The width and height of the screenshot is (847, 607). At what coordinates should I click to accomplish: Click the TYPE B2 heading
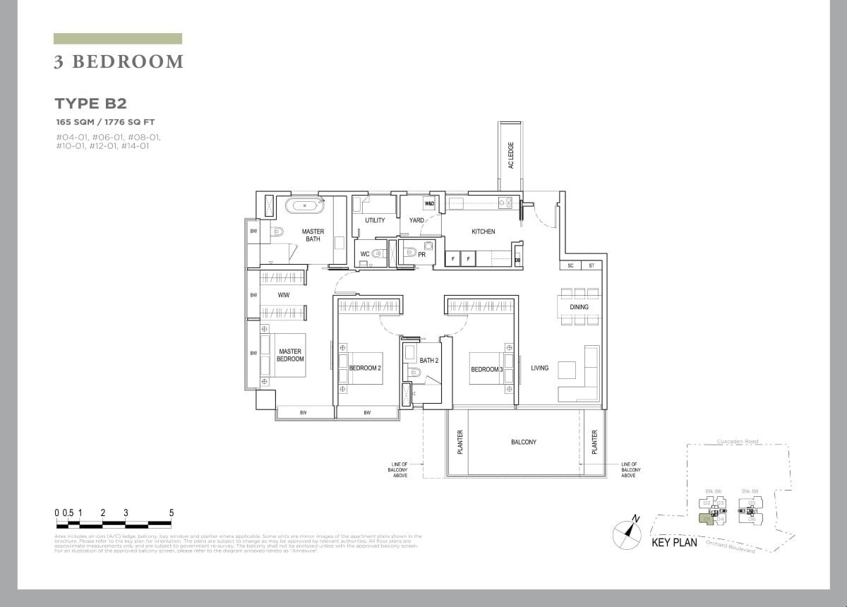[90, 103]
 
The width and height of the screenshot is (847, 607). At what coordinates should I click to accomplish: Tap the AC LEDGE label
[510, 155]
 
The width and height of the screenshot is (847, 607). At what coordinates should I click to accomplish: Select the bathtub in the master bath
[305, 207]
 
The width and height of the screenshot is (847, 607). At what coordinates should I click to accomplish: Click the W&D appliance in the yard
[429, 204]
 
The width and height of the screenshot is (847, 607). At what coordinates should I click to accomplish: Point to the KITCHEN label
[483, 232]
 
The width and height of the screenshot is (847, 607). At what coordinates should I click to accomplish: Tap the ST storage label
[591, 265]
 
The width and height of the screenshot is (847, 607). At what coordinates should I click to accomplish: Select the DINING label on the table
[579, 307]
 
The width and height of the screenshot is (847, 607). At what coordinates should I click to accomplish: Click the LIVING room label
[540, 368]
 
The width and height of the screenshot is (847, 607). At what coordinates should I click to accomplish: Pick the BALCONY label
[524, 442]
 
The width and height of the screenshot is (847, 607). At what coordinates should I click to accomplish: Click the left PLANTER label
[459, 442]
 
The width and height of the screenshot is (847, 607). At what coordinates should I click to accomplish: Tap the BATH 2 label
[429, 361]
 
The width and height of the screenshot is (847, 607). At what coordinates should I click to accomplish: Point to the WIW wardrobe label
[284, 294]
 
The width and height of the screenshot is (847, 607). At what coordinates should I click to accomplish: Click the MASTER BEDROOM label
[289, 355]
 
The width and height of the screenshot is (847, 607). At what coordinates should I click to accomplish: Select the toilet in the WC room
[379, 254]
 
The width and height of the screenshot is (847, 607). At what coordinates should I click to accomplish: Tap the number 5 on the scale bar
[172, 513]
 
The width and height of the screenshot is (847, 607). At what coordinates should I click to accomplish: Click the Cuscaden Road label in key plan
[738, 442]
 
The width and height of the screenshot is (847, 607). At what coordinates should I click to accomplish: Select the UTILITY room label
[375, 220]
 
